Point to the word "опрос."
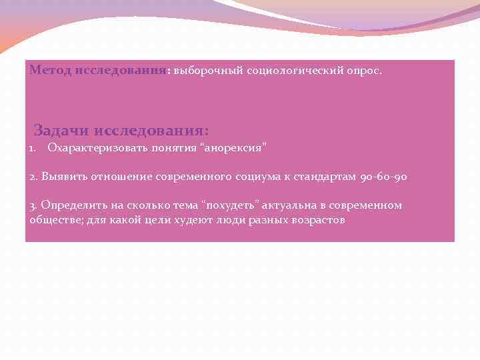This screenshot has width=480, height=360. (365, 70)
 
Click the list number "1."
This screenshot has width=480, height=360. (34, 147)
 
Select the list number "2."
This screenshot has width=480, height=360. (34, 177)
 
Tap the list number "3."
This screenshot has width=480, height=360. (34, 205)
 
